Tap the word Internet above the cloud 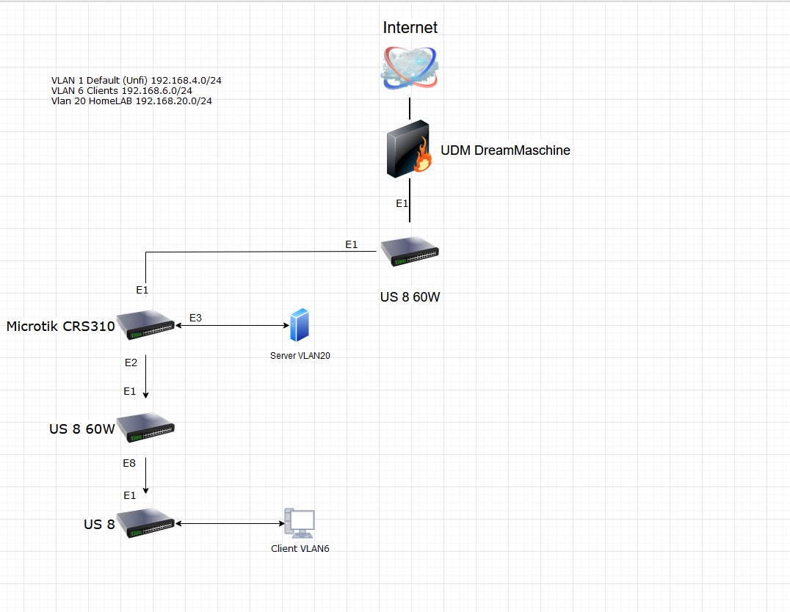410,28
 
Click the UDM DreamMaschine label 505,150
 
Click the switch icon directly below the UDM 410,252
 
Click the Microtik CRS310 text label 60,327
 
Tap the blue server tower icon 299,325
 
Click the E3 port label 195,318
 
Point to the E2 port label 131,363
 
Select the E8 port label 129,464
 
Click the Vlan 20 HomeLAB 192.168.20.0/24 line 131,101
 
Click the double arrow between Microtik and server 230,326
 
